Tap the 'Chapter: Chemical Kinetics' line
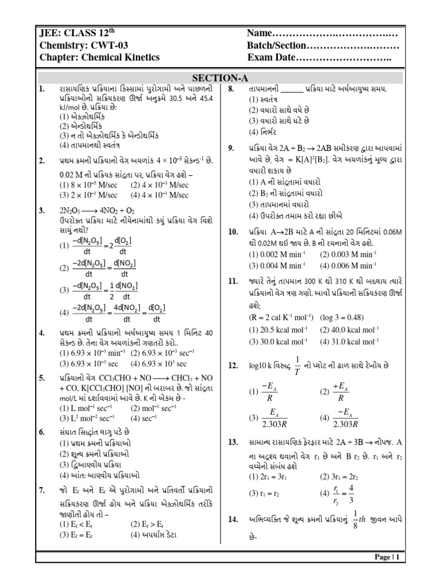coord(99,57)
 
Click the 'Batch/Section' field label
coord(277,45)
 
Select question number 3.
coord(42,211)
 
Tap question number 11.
coord(233,281)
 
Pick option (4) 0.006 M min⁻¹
coord(348,265)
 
